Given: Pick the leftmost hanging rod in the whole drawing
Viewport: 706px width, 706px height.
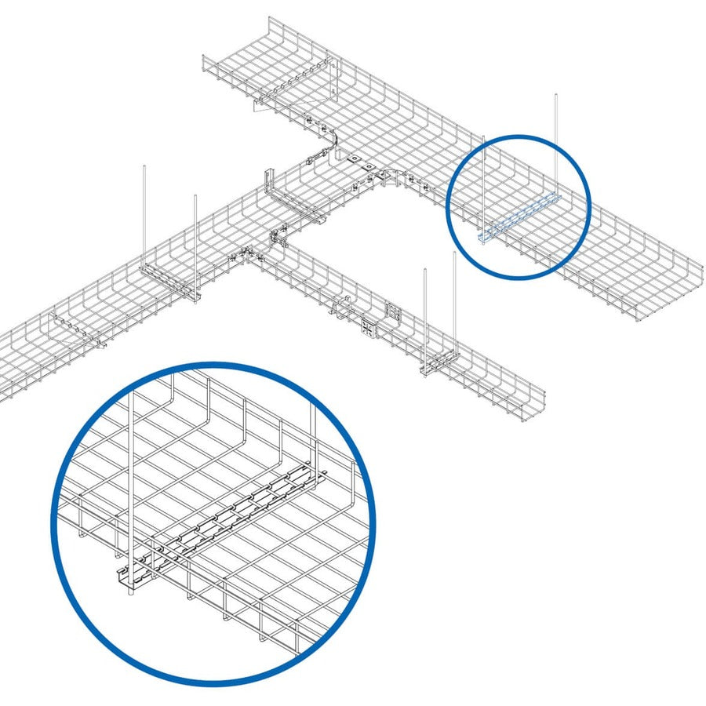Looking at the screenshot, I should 145,212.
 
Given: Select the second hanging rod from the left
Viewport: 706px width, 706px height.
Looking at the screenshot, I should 195,235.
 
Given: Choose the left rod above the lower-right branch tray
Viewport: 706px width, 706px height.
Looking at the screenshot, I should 425,314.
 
